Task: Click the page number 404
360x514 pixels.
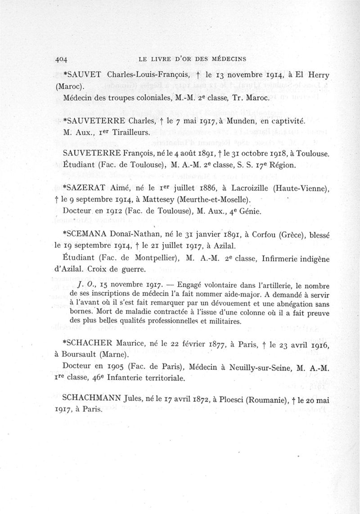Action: (x=60, y=59)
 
